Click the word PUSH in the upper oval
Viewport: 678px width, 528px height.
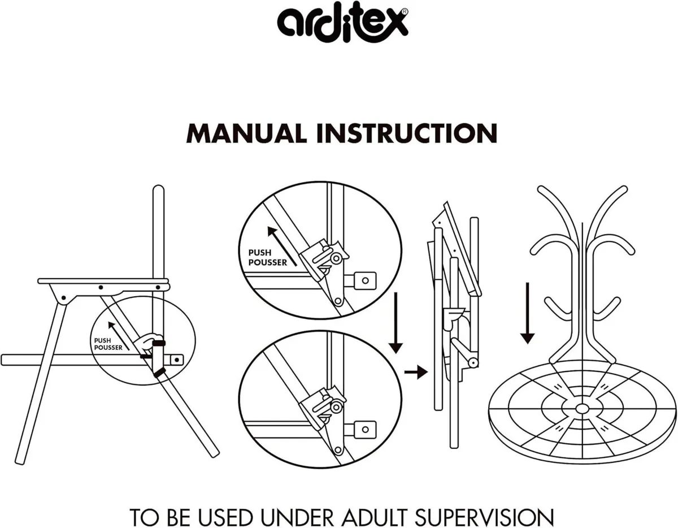259,253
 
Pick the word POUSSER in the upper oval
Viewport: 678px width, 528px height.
267,262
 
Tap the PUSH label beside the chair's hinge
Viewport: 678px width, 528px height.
103,340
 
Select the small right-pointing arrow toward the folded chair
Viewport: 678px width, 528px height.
415,372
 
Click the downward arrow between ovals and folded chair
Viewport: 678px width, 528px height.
396,322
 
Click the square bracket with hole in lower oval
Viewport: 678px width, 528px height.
367,430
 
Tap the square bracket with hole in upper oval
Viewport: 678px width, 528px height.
366,279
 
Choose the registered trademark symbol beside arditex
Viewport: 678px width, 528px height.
404,12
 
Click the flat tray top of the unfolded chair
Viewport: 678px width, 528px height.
103,280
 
